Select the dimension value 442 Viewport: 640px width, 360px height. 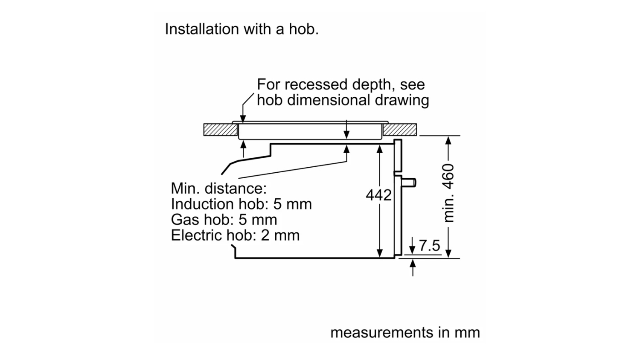[378, 195]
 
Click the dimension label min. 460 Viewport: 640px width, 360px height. [448, 193]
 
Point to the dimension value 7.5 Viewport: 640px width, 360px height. [429, 246]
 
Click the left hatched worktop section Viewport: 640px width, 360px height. [220, 130]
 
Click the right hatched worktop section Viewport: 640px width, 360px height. [400, 130]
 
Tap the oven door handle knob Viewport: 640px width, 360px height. [410, 183]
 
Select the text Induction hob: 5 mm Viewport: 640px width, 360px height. [241, 204]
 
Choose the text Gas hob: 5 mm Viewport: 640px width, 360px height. [224, 220]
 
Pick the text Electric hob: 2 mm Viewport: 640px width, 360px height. [235, 235]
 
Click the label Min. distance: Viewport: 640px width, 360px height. [218, 188]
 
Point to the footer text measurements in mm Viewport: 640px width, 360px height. [405, 332]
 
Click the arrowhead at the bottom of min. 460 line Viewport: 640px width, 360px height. [448, 253]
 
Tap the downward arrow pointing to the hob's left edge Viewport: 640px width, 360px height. [243, 118]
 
